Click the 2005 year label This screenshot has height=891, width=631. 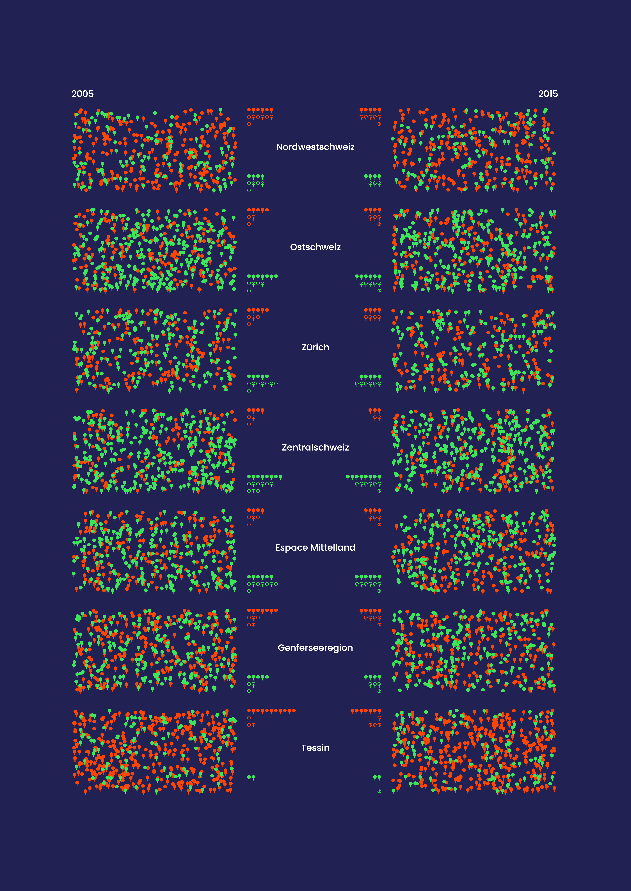pos(82,94)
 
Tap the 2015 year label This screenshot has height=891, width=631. pos(548,94)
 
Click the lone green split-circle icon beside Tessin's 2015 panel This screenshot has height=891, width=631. pos(379,791)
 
